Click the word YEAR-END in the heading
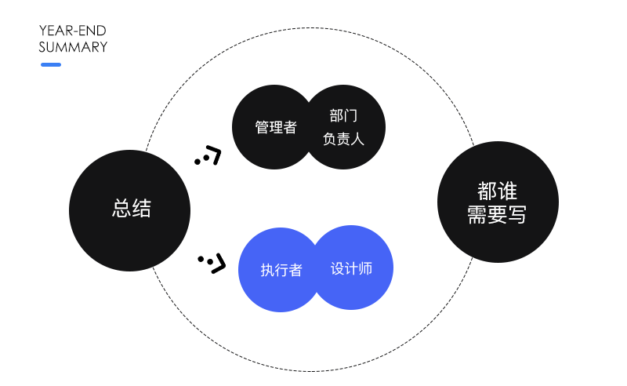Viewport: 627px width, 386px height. (72, 31)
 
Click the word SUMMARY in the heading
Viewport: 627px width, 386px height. (73, 47)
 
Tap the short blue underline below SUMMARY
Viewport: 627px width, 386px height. (51, 64)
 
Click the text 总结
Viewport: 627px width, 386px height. (131, 209)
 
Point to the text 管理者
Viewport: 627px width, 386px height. (276, 127)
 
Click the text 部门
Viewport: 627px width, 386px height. (343, 116)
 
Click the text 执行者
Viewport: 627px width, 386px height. (281, 270)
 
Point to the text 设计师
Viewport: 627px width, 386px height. (351, 268)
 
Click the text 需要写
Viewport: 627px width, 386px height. (498, 215)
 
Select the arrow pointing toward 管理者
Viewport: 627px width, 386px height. (209, 155)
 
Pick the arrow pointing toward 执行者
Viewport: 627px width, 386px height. (213, 261)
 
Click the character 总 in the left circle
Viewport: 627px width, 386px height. (121, 209)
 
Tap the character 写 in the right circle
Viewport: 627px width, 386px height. (517, 215)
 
